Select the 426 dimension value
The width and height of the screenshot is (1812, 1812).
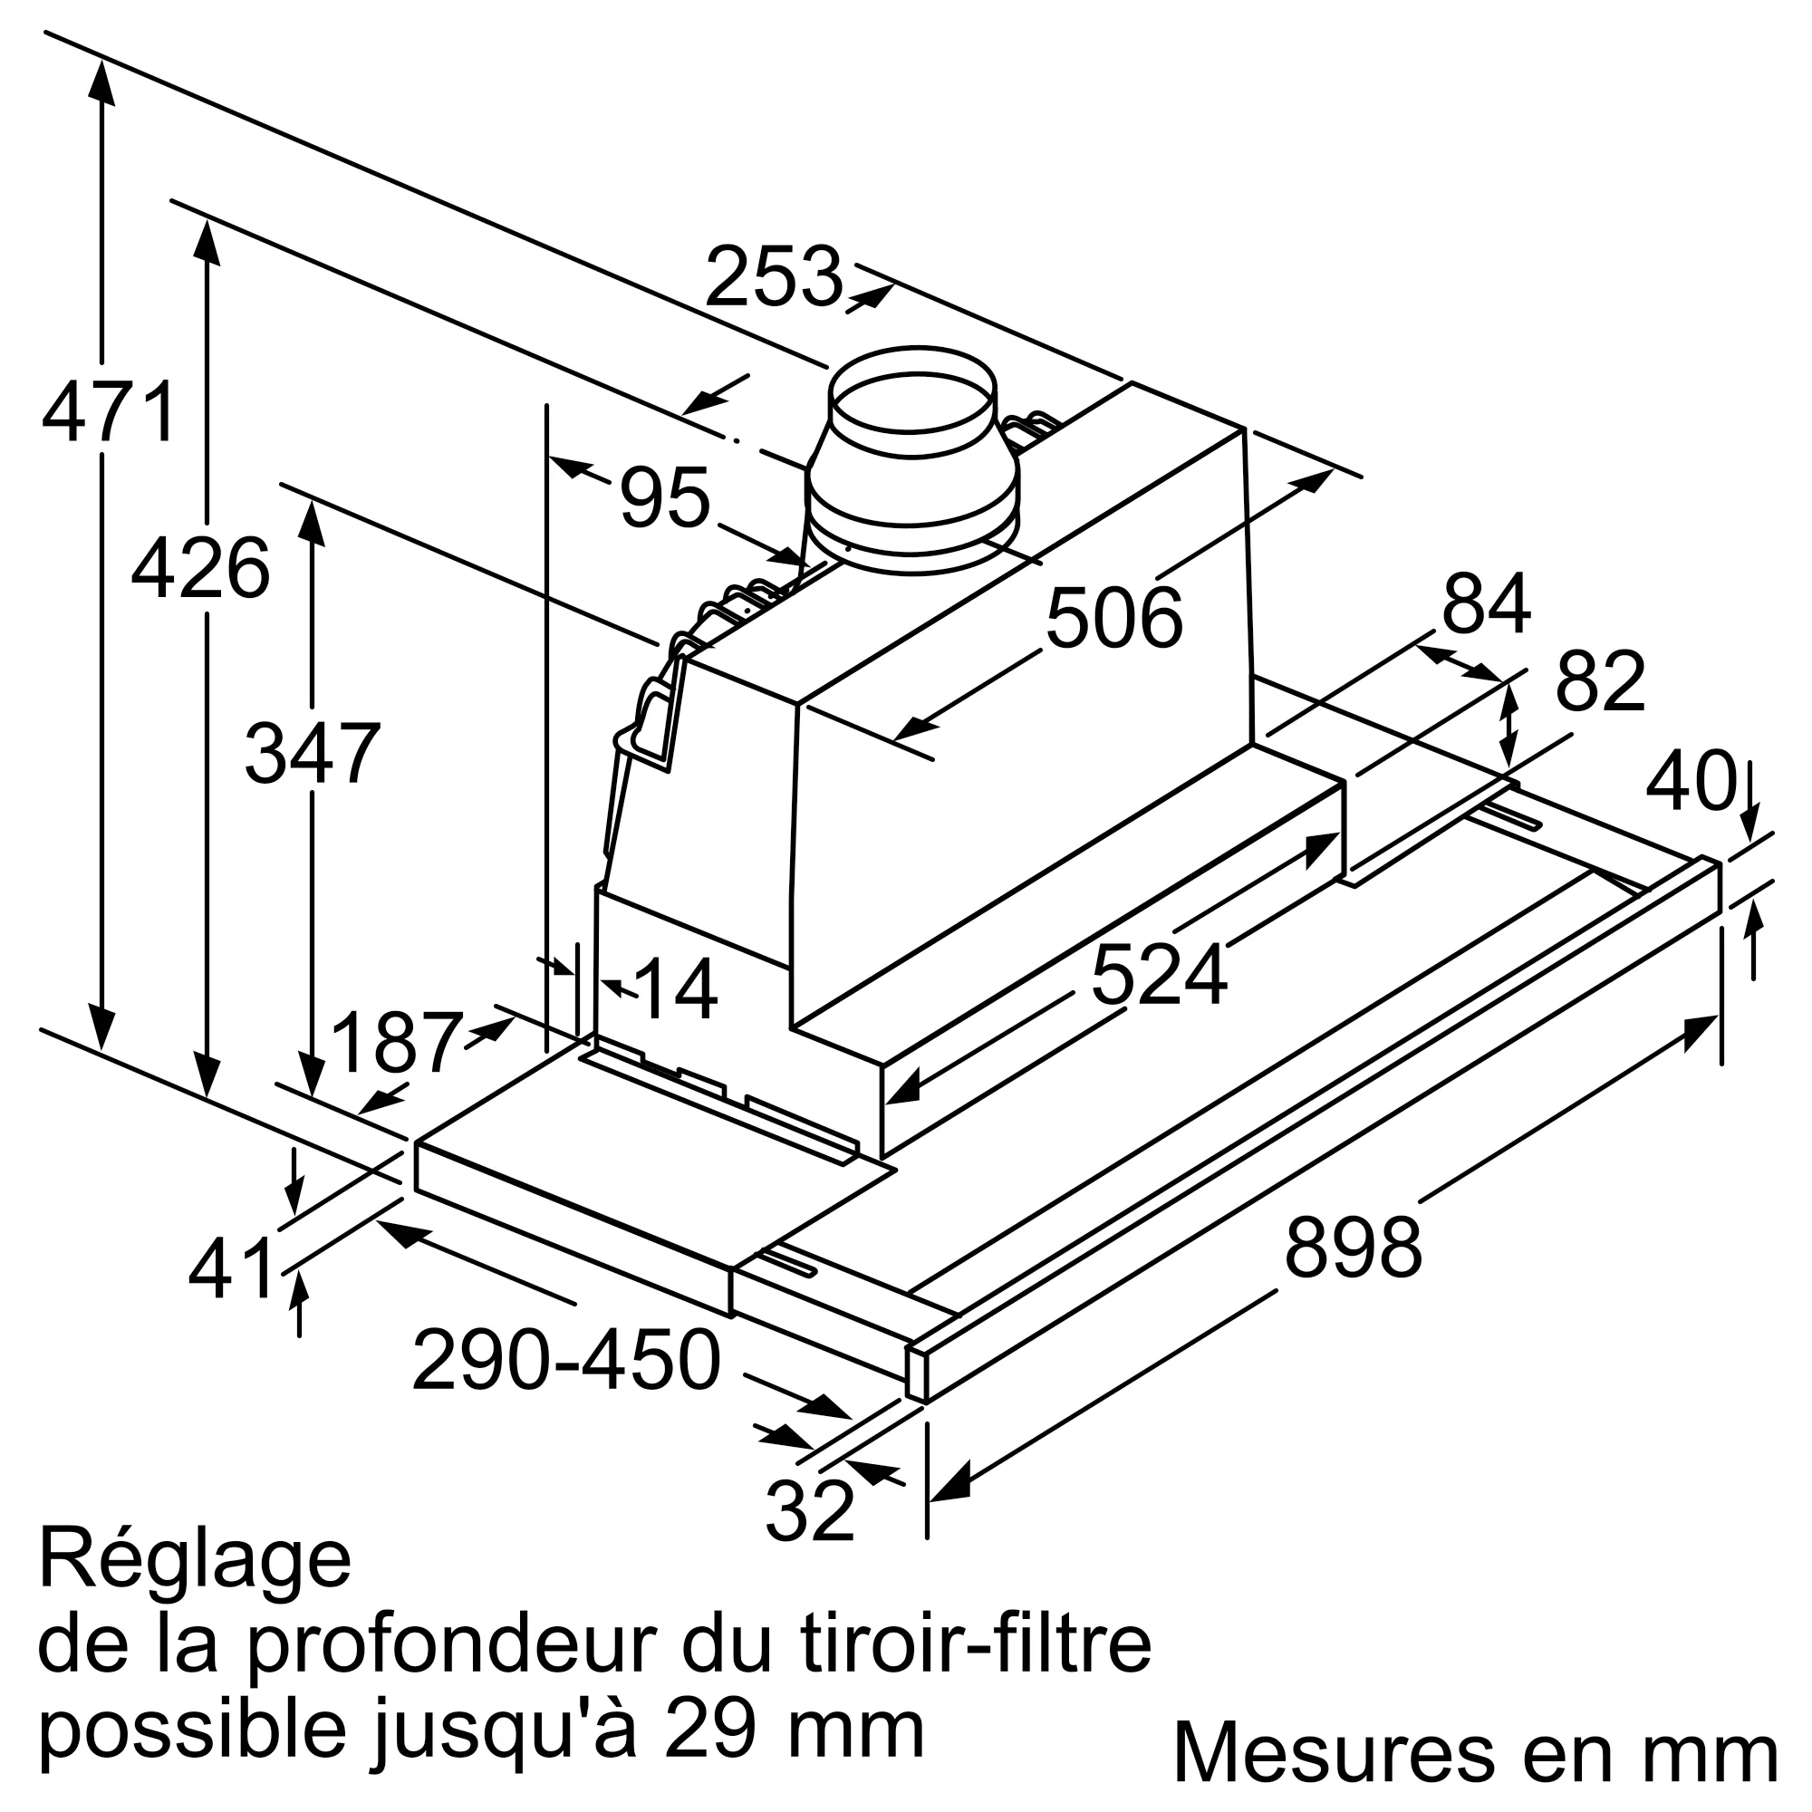(x=201, y=569)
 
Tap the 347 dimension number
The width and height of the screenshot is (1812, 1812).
(x=313, y=754)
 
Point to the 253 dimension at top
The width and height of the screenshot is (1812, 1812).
(x=774, y=276)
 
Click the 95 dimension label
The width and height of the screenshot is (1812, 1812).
(x=664, y=498)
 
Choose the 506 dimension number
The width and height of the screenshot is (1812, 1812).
(x=1114, y=618)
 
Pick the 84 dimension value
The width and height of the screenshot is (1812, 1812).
(x=1487, y=605)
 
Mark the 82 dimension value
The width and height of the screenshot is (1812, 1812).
(x=1601, y=682)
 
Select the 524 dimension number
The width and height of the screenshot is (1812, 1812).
(x=1158, y=976)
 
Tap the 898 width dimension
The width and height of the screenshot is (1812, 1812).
(x=1354, y=1248)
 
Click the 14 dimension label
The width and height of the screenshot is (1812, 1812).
(x=676, y=990)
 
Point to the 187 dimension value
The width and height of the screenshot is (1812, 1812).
(x=398, y=1043)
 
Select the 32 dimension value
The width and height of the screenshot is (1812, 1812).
(x=810, y=1510)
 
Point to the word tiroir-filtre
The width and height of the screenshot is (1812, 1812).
(x=976, y=1644)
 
